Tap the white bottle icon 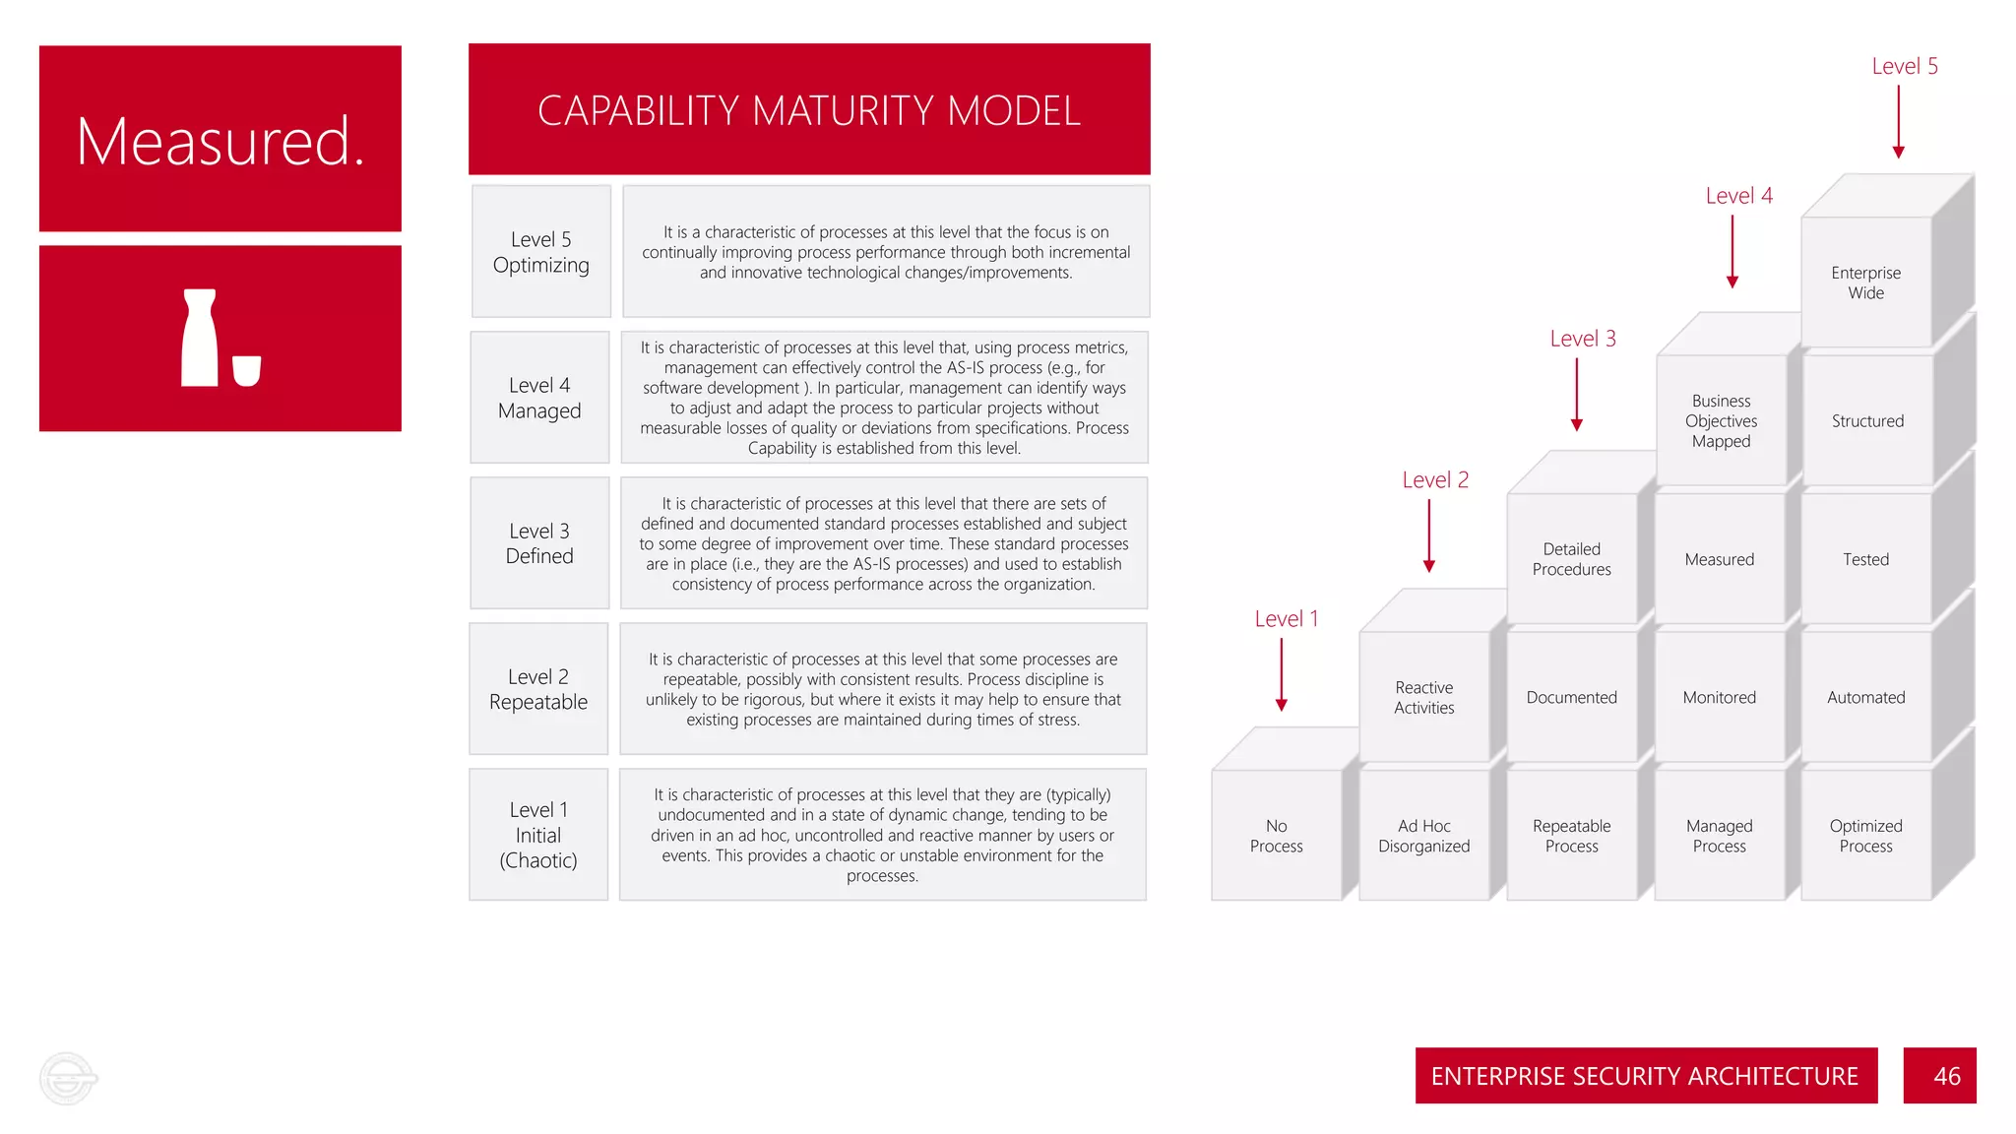coord(200,338)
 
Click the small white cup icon coord(246,370)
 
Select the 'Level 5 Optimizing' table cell coord(540,252)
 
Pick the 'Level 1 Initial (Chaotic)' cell coord(538,835)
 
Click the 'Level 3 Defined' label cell coord(539,543)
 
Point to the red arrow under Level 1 coord(1282,674)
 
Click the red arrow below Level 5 coord(1899,121)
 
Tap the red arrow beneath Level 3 coord(1577,395)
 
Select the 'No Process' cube coord(1276,835)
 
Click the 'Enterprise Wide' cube coord(1865,283)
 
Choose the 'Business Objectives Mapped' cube coord(1721,421)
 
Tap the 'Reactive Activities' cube coord(1423,697)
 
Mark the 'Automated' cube coord(1865,697)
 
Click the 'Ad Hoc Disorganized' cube coord(1423,835)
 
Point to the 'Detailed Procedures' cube coord(1571,559)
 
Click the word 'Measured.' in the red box coord(220,141)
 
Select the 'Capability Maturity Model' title coord(809,110)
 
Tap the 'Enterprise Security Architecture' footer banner coord(1645,1076)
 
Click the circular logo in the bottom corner coord(68,1078)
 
